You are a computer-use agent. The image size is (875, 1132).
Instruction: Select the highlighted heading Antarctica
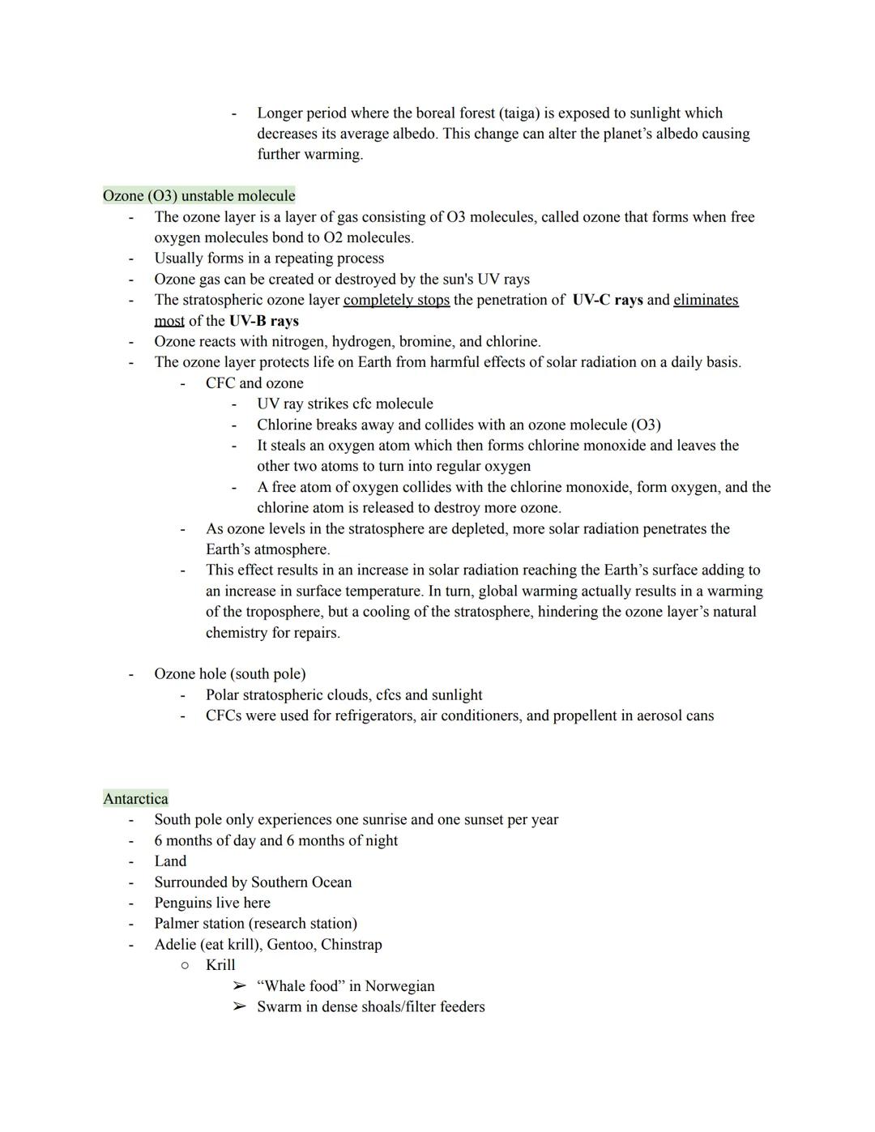click(x=135, y=799)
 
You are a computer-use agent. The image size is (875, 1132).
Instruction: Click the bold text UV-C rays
click(x=607, y=300)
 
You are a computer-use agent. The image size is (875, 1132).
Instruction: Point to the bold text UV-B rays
click(x=263, y=321)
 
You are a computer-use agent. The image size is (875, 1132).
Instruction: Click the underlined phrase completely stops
click(x=396, y=300)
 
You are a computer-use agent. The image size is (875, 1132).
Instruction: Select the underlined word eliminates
click(x=706, y=300)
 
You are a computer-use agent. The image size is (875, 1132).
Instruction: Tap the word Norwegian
click(x=399, y=986)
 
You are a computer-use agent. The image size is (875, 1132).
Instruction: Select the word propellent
click(x=590, y=716)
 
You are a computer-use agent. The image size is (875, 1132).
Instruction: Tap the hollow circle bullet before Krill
click(x=185, y=965)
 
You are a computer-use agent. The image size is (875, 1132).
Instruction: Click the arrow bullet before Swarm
click(x=238, y=1007)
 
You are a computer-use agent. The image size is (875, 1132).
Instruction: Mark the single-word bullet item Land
click(x=170, y=861)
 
